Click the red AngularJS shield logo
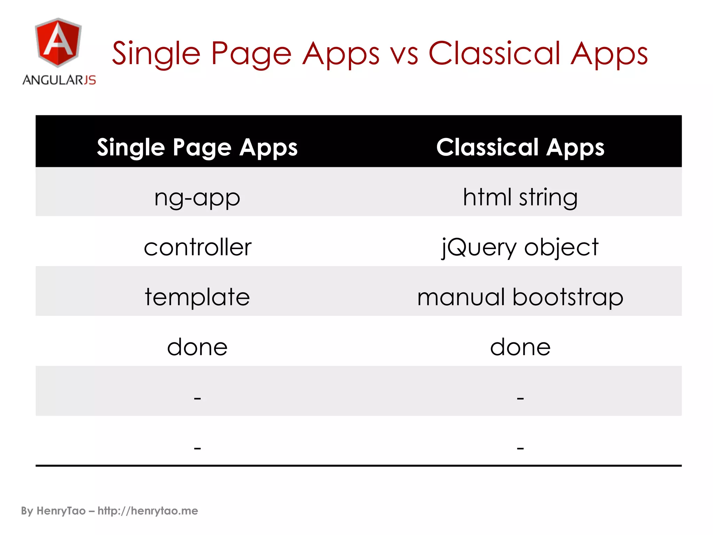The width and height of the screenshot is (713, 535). (58, 43)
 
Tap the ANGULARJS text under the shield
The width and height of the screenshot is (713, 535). (59, 80)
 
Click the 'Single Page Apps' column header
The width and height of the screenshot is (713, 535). (197, 148)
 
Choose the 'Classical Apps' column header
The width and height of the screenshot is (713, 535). (520, 148)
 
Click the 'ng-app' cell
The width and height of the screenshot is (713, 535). (197, 198)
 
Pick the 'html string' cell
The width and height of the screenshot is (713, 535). (520, 197)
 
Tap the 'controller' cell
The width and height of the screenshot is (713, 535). (197, 247)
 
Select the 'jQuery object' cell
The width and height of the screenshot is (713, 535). (520, 247)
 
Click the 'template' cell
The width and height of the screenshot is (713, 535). (197, 297)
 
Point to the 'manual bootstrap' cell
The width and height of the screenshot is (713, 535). (520, 297)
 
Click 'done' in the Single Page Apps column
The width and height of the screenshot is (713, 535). (197, 347)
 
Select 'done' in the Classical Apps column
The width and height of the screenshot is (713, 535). (520, 347)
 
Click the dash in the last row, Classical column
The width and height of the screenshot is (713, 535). (520, 448)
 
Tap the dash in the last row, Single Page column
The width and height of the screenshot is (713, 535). (197, 448)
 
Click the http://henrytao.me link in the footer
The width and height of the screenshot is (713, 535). (148, 511)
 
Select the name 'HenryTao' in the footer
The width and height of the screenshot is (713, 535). (61, 511)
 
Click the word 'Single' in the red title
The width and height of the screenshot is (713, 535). (156, 54)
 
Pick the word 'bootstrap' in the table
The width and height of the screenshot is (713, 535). (567, 297)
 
